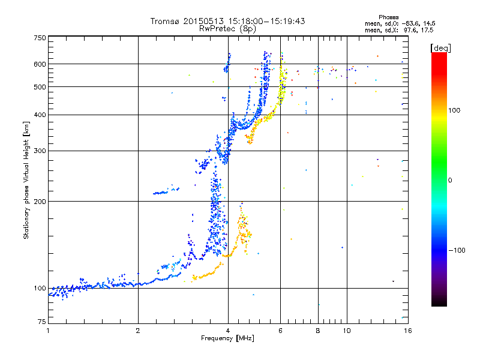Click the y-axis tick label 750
pos(40,38)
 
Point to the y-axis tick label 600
pos(40,64)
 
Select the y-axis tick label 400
pos(40,115)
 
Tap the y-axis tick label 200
pos(40,201)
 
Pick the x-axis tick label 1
pos(48,331)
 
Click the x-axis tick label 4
pos(228,331)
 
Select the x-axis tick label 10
pos(346,331)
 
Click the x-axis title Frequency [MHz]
pos(227,338)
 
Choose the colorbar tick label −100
pos(457,250)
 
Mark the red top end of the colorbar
pos(439,55)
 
